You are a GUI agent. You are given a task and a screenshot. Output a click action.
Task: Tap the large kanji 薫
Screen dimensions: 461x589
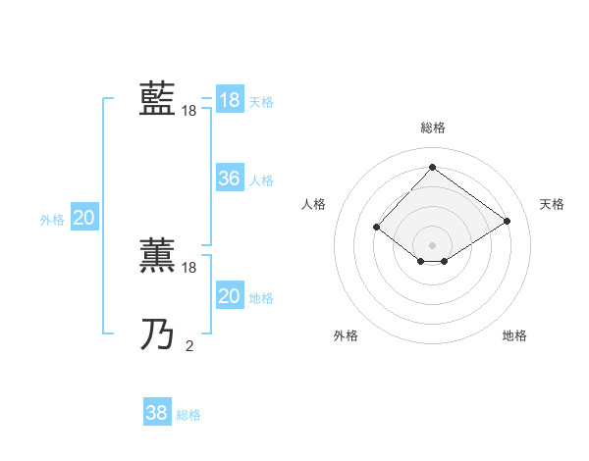pyautogui.click(x=157, y=255)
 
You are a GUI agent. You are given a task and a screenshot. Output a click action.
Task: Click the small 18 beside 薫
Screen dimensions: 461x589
pyautogui.click(x=189, y=268)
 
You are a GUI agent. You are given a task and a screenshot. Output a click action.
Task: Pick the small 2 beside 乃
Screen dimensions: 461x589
pyautogui.click(x=189, y=345)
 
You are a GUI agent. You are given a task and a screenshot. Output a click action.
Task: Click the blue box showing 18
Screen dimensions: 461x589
pyautogui.click(x=229, y=100)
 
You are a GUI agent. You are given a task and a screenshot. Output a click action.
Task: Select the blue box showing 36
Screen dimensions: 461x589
pyautogui.click(x=229, y=179)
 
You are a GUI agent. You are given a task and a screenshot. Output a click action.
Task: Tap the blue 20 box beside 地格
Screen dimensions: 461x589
pyautogui.click(x=229, y=296)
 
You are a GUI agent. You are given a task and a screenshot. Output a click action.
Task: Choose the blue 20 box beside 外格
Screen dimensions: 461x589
pyautogui.click(x=83, y=218)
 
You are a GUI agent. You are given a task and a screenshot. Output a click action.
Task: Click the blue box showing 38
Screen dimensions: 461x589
pyautogui.click(x=156, y=413)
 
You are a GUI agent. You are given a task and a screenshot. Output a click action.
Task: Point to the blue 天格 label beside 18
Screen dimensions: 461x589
pyautogui.click(x=261, y=102)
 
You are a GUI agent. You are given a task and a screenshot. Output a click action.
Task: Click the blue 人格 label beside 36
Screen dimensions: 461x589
pyautogui.click(x=261, y=180)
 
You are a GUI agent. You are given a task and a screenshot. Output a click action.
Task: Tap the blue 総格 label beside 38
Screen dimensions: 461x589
pyautogui.click(x=188, y=415)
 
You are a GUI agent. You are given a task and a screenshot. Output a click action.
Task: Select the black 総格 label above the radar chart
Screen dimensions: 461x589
pyautogui.click(x=432, y=128)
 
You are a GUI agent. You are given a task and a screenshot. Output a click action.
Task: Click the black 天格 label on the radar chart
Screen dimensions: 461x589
pyautogui.click(x=552, y=204)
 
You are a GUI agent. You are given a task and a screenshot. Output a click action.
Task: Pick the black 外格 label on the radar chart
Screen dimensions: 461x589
pyautogui.click(x=346, y=335)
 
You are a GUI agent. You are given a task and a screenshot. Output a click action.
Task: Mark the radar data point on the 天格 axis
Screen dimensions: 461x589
pyautogui.click(x=507, y=222)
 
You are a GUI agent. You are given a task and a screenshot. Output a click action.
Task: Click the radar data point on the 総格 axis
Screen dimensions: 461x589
pyautogui.click(x=432, y=168)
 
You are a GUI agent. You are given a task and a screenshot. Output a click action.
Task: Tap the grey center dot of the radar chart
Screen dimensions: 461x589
pyautogui.click(x=432, y=245)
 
